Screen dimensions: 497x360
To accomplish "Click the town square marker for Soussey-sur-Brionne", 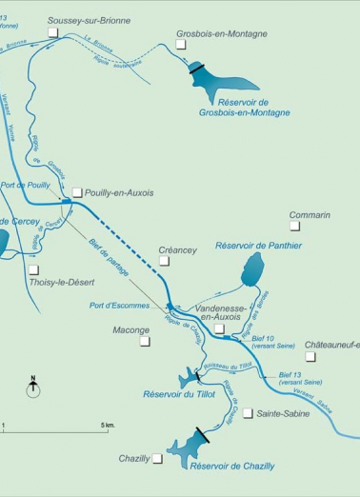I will click(53, 31).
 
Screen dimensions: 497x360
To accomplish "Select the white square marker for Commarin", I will click(294, 227).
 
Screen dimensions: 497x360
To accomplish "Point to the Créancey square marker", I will click(164, 260).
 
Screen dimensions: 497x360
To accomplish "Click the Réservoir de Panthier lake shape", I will click(251, 269).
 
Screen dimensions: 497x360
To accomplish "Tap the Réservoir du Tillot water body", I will click(188, 381).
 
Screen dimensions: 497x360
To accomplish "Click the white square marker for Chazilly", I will click(157, 458).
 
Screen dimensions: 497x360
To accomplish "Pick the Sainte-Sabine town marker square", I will click(248, 413).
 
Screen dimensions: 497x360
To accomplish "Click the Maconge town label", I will click(131, 330).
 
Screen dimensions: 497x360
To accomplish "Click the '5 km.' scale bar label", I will click(107, 424).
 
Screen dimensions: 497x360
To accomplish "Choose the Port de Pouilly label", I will click(26, 185).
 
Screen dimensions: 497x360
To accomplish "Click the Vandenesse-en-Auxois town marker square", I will click(219, 328).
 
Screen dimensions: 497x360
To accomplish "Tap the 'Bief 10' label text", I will click(262, 338).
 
